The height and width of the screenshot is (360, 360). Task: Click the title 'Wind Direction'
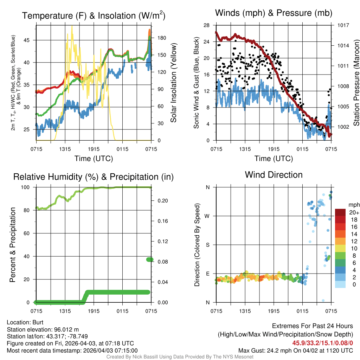tap(274, 175)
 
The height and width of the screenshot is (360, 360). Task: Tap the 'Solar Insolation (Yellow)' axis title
tap(173, 83)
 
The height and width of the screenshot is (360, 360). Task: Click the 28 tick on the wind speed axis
tap(206, 25)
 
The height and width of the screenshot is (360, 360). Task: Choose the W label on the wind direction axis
tap(208, 216)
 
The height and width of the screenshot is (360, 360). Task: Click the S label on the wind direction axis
tap(208, 245)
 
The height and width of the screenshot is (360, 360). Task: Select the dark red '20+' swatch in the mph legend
tap(340, 212)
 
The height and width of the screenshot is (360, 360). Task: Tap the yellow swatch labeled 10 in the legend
tap(340, 248)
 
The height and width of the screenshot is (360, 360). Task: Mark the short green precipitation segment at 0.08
tap(150, 259)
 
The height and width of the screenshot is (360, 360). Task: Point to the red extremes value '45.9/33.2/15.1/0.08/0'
tap(322, 343)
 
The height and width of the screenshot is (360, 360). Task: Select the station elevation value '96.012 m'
tap(66, 329)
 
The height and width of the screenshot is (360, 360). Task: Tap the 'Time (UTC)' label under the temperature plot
tap(94, 159)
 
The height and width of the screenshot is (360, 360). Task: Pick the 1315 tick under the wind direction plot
tap(245, 311)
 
